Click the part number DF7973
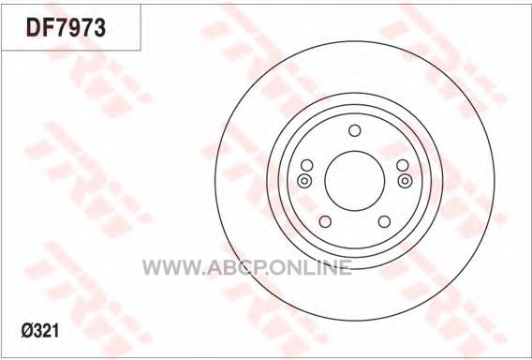(x=66, y=27)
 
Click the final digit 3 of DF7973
(x=99, y=27)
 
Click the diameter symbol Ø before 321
(x=27, y=330)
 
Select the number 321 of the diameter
(x=46, y=330)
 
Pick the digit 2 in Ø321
(x=47, y=330)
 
